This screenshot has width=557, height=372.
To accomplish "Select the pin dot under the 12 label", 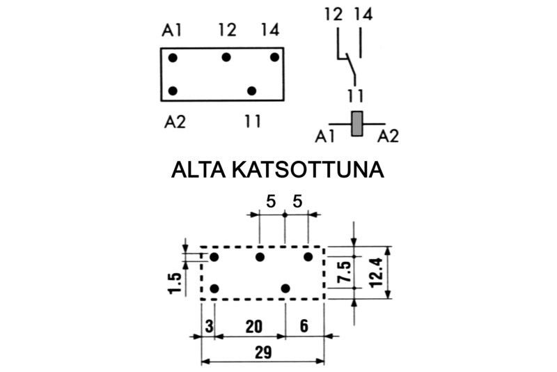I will (x=226, y=57).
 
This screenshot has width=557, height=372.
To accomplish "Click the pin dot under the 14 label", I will (x=274, y=57).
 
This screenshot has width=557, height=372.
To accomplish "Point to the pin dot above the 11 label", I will (x=251, y=91).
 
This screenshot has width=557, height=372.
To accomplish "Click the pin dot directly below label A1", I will (x=173, y=57).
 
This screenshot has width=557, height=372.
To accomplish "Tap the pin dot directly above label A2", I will (x=173, y=91).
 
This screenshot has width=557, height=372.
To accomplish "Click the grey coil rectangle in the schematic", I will (x=358, y=123).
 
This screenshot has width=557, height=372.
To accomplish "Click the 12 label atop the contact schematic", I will (x=334, y=13).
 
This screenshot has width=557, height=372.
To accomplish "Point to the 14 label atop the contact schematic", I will (x=362, y=13).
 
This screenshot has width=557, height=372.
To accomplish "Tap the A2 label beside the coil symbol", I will (x=389, y=137).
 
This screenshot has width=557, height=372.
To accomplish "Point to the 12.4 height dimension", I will (x=377, y=271).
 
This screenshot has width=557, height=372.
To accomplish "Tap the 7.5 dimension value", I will (x=343, y=271).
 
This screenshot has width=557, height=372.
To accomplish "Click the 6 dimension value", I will (x=304, y=325).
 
